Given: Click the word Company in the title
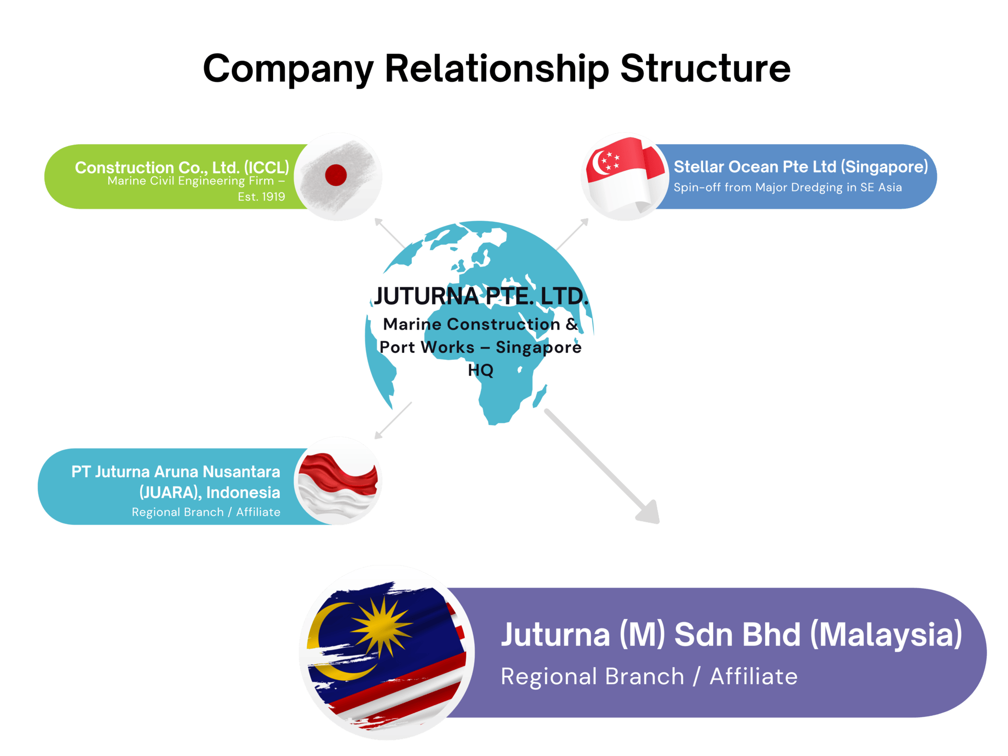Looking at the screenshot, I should coord(288,70).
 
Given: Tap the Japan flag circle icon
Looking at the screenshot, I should coord(338,176).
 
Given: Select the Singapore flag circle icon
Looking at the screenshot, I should coord(625,176).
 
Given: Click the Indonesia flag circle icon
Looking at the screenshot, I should coord(338,481).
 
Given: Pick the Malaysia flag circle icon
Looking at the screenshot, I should coord(387,653).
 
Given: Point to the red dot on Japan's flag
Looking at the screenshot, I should coord(336,175).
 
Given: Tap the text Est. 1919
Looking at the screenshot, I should coord(261,197).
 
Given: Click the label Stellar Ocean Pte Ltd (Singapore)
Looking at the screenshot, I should coord(800,167).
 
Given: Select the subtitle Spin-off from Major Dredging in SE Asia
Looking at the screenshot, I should coord(787,187).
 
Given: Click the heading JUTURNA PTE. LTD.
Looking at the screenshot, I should coord(480,296).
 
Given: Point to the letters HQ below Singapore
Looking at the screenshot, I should coord(480,370).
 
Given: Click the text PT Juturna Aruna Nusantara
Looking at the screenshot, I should coord(175,472).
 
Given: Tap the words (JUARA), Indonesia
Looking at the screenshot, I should coord(209,492).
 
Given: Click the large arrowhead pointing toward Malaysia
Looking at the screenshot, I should coord(649,513).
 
